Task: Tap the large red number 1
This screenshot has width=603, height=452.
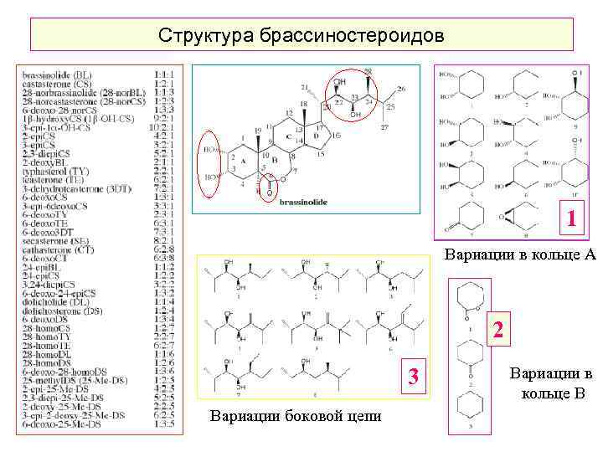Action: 570,220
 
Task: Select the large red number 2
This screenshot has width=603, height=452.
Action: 497,329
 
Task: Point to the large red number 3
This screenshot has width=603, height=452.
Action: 413,378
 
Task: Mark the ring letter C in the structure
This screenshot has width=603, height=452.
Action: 287,136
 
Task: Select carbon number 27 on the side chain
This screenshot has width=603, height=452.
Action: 384,127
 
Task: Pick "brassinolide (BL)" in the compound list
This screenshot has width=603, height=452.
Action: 58,74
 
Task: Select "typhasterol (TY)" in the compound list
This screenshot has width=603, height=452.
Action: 59,170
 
